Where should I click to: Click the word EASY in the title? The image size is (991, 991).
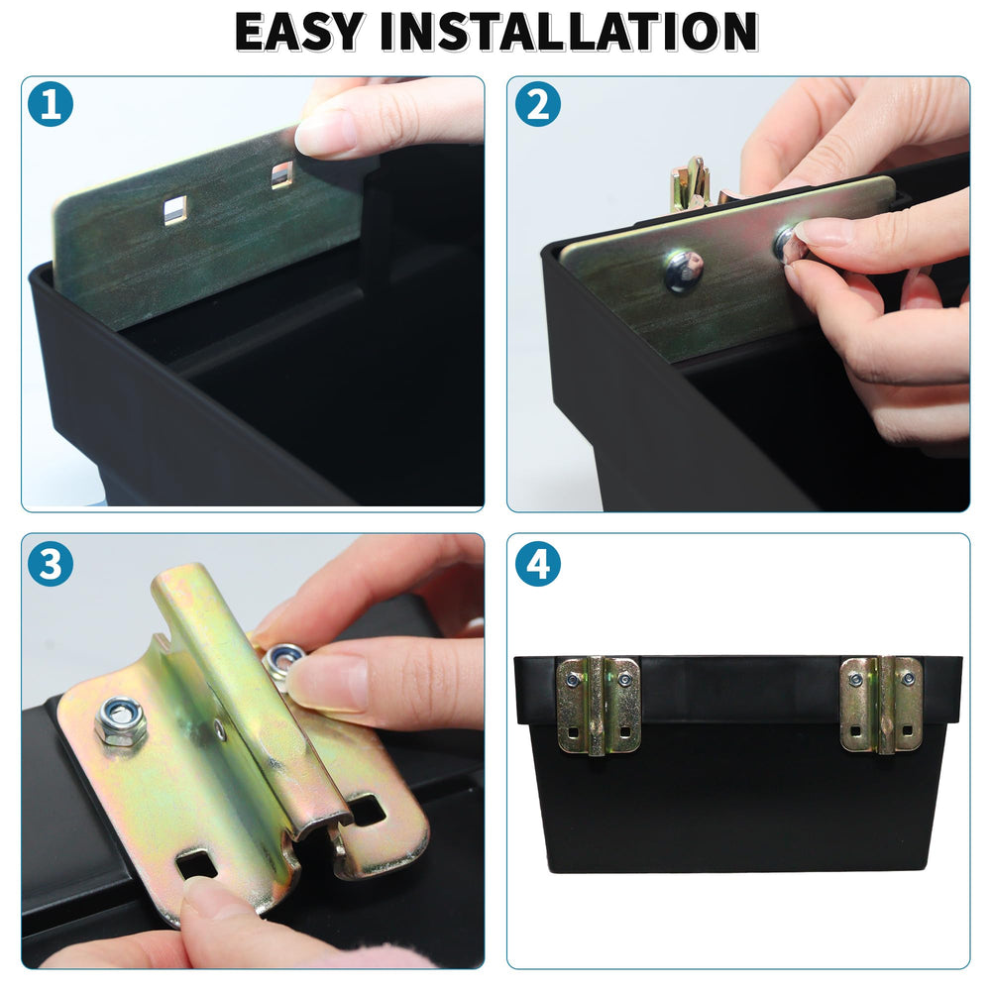click(299, 31)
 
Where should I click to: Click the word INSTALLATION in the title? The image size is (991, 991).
click(569, 31)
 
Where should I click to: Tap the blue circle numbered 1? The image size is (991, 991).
click(51, 104)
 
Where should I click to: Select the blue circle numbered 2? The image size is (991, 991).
click(538, 104)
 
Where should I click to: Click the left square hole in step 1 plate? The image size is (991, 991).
click(175, 210)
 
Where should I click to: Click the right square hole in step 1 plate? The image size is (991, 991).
click(282, 175)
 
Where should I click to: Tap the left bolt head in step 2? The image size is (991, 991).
click(684, 270)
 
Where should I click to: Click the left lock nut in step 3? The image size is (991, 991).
click(121, 720)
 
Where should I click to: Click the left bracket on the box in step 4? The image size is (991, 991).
click(598, 705)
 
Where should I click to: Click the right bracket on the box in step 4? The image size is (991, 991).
click(881, 705)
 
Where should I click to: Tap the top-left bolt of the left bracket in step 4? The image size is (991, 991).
click(573, 680)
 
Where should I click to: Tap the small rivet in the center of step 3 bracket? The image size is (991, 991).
click(219, 731)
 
